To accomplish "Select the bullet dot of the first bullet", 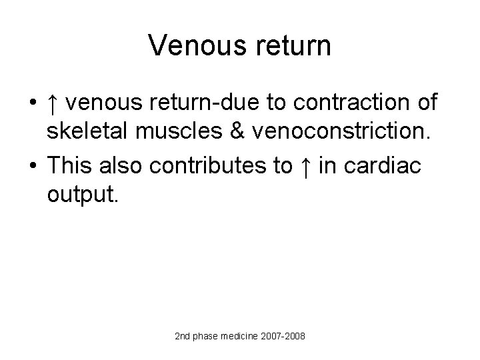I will click(31, 104).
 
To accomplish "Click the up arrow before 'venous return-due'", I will click(53, 103).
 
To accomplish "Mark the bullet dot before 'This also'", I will click(31, 166).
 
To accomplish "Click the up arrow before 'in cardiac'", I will click(305, 165).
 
